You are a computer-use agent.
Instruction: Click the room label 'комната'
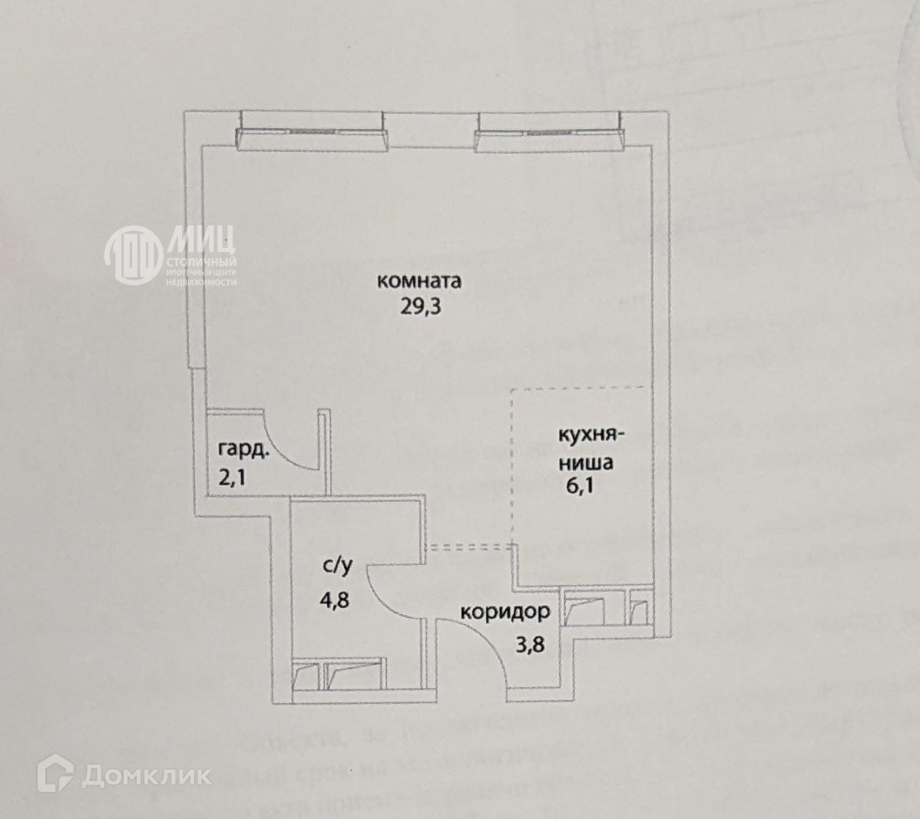(419, 281)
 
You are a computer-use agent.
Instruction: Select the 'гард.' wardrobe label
(243, 450)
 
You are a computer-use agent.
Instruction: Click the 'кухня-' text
(591, 435)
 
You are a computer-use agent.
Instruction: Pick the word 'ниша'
(586, 463)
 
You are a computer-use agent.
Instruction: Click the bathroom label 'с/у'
(337, 567)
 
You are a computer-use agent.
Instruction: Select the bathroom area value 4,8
(335, 598)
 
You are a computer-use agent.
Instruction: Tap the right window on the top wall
(548, 131)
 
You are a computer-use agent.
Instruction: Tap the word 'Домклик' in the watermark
(147, 775)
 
